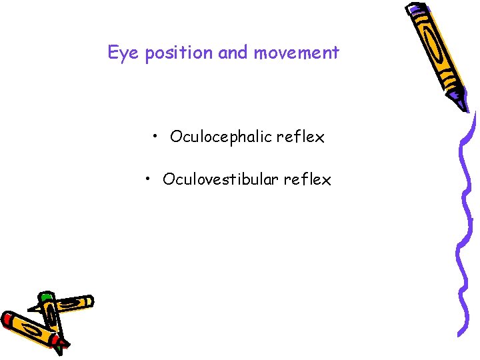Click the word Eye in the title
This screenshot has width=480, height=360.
pos(122,53)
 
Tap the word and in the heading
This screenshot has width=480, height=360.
pos(233,53)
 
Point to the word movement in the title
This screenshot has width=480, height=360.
pos(296,53)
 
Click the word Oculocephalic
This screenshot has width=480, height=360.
pos(221,138)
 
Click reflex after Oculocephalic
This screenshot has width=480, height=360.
pos(301,137)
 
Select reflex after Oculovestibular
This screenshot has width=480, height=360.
pos(307,180)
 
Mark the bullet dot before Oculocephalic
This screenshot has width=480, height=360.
pos(155,137)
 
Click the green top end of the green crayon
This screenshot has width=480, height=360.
pos(45,295)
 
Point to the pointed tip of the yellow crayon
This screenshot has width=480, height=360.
pos(31,309)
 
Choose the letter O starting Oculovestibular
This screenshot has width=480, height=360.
pos(168,180)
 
